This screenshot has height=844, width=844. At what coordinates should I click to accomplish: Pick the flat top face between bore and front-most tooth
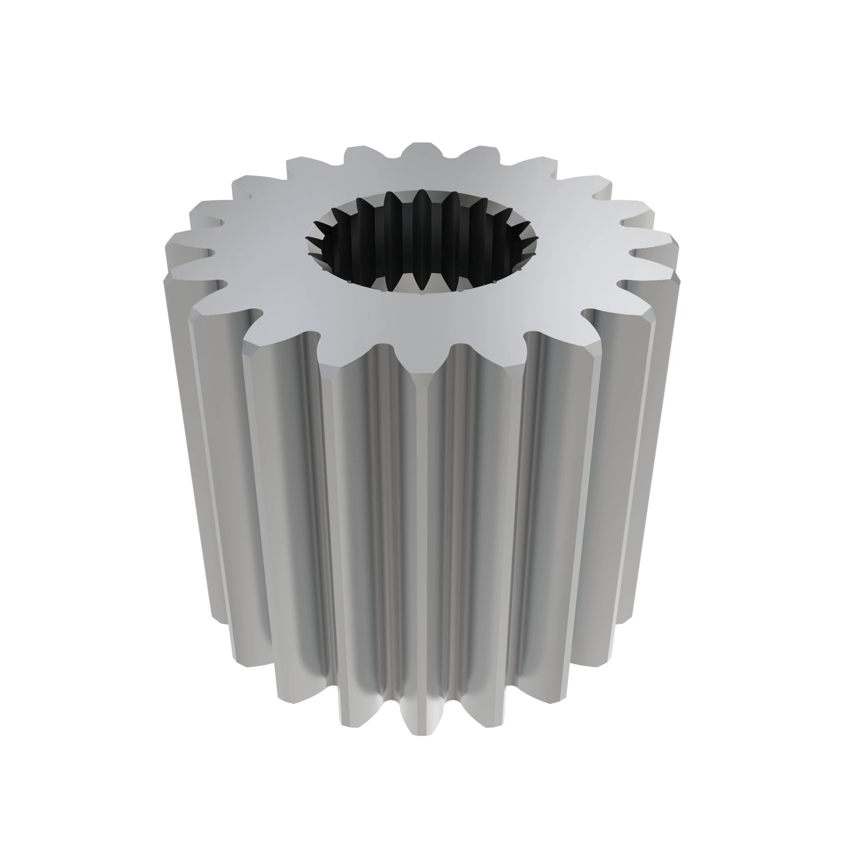pos(422,323)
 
